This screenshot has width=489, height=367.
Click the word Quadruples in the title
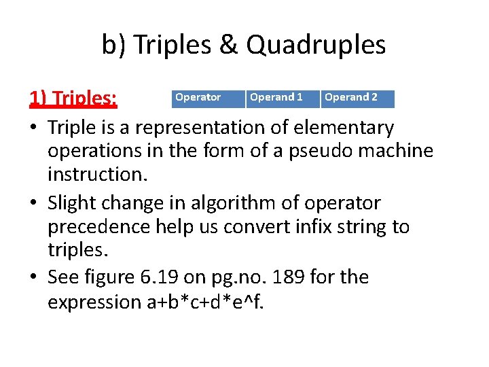pos(316,46)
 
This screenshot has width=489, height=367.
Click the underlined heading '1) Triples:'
pos(73,99)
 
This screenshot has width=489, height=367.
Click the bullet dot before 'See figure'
pos(33,278)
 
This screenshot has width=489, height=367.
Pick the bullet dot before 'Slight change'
pos(33,204)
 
